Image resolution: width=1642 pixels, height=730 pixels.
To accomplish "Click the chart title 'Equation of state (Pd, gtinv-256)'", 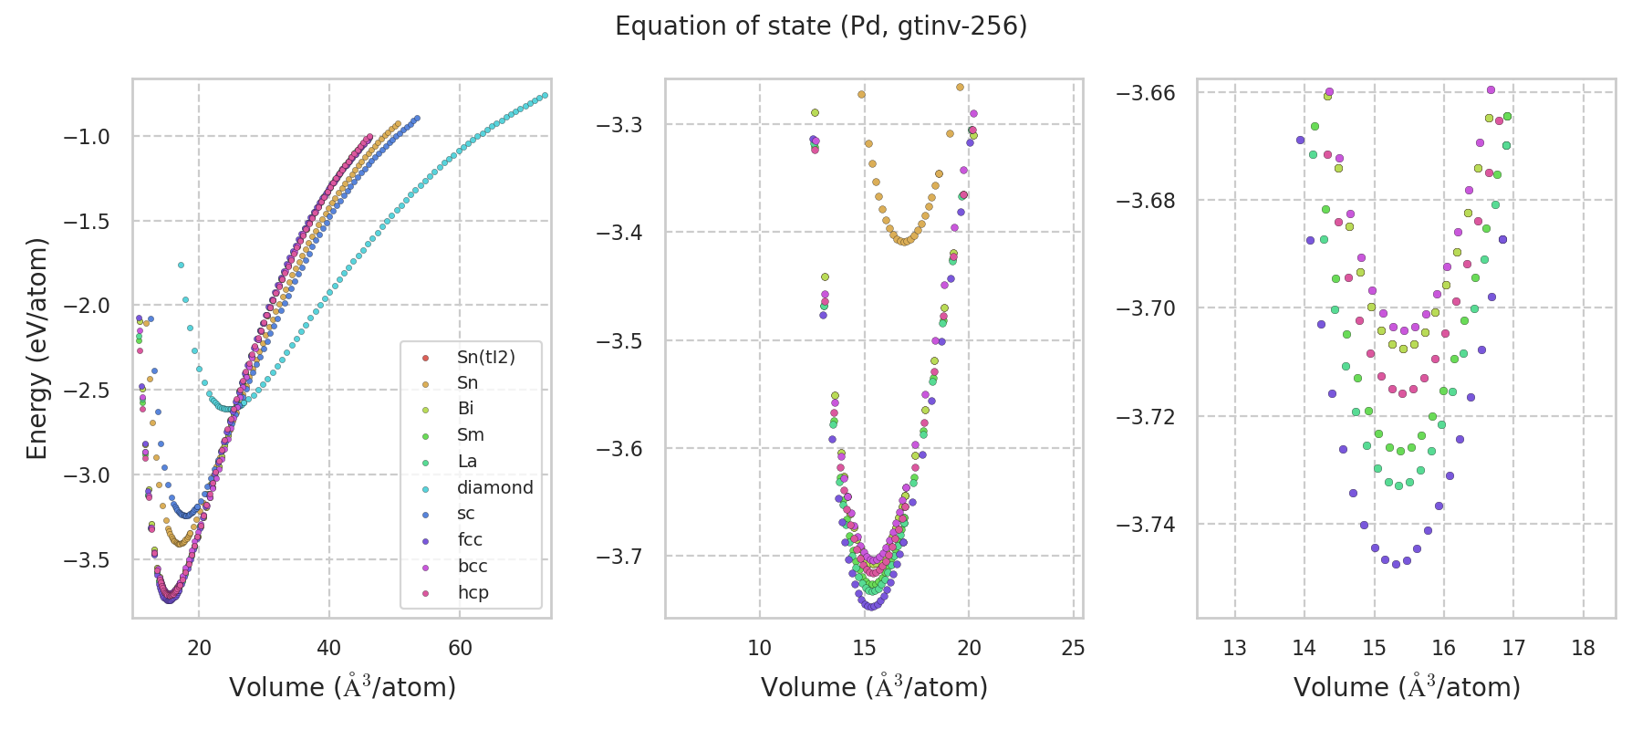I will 821,26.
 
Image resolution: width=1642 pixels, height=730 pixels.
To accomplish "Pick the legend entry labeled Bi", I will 465,408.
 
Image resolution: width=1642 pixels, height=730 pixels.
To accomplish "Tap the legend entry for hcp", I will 473,592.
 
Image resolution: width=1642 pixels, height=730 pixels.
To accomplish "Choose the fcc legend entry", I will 470,539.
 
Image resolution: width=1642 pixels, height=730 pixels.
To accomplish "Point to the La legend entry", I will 467,461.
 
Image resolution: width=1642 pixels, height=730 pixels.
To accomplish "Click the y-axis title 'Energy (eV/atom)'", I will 36,348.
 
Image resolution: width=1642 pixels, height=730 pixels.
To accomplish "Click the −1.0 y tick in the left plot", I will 86,137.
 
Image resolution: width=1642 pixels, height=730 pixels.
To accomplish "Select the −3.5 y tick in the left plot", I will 86,559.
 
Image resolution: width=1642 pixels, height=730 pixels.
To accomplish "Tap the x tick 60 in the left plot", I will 460,648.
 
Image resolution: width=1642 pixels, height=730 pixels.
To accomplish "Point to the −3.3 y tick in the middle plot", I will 618,124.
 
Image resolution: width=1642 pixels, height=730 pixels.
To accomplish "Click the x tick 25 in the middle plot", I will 1074,648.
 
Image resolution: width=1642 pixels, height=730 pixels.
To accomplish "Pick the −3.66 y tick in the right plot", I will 1146,93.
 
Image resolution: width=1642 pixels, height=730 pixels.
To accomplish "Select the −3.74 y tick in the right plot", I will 1146,525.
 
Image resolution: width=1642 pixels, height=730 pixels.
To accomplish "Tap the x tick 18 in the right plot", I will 1584,648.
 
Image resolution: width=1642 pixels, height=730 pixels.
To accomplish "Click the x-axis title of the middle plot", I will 874,687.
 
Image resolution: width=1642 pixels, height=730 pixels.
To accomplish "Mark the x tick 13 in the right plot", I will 1234,648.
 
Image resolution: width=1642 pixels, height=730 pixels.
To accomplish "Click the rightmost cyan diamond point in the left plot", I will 545,95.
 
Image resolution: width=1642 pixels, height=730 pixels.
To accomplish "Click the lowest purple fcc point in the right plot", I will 1396,564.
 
